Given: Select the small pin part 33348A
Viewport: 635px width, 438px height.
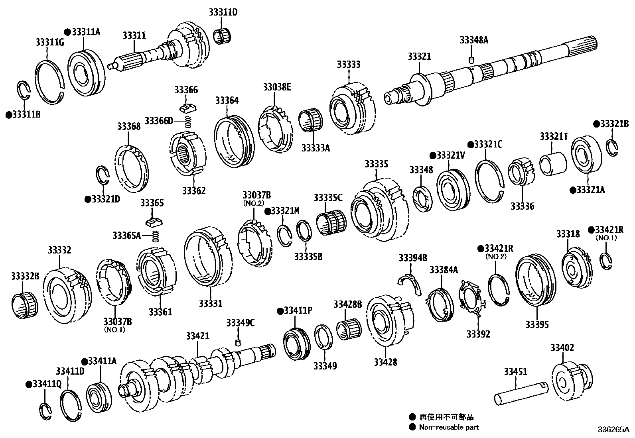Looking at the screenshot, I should coord(471,60).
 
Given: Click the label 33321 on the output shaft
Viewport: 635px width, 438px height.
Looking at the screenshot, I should coord(419,56).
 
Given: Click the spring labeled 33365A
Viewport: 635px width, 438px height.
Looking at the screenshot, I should coord(156,236).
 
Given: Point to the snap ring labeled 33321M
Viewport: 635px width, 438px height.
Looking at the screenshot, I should coord(285,235).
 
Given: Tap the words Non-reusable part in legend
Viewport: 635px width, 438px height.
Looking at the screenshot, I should coord(449,427).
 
